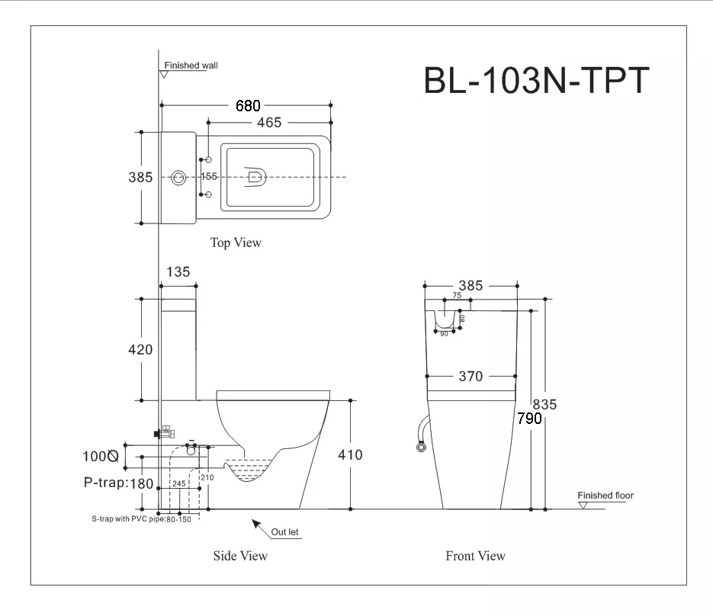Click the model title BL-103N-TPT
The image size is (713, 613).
(x=536, y=81)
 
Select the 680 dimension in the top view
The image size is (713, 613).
(x=248, y=106)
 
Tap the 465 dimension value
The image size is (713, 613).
(x=269, y=122)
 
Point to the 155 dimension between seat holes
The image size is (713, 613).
(x=209, y=176)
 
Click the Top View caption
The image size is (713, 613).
(x=236, y=242)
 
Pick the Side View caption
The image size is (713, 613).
(x=240, y=556)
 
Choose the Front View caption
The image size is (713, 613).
(x=475, y=556)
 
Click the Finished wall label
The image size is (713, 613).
(x=191, y=66)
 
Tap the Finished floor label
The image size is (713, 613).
(x=605, y=496)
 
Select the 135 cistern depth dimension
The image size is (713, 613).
(x=178, y=272)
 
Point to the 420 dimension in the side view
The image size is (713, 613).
(x=140, y=350)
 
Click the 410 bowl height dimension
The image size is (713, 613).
(x=350, y=454)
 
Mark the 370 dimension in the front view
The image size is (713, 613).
(x=471, y=376)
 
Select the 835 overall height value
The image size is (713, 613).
(x=544, y=404)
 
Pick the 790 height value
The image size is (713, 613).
(x=529, y=419)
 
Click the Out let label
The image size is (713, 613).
(x=284, y=532)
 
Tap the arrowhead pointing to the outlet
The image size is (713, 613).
(x=256, y=524)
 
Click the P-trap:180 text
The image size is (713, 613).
(x=119, y=483)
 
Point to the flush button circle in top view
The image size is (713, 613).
(x=178, y=178)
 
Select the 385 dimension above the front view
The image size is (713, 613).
(x=471, y=286)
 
